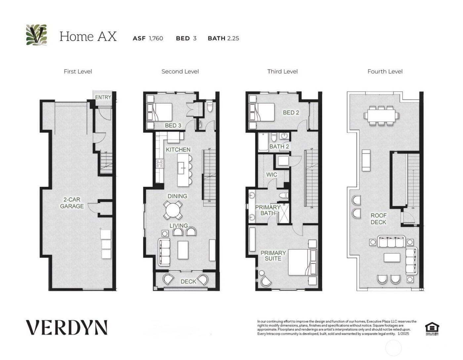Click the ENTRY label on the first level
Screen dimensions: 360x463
(103, 97)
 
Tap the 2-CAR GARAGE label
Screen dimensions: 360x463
(72, 203)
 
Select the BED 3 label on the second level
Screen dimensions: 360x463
(173, 126)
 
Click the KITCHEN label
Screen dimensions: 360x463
(178, 150)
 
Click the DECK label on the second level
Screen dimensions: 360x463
(188, 282)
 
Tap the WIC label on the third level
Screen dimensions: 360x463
(272, 174)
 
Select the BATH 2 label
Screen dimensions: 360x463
(279, 146)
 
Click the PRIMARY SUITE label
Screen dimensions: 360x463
(273, 255)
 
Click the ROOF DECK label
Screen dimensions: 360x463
(378, 219)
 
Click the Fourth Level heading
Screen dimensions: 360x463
(385, 71)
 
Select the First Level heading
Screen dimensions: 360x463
(78, 71)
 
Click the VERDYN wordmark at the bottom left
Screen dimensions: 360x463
(67, 327)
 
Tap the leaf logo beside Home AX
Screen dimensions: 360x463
(36, 35)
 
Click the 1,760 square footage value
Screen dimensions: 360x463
(156, 38)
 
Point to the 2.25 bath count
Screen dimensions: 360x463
(233, 38)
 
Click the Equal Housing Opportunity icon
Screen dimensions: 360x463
(432, 329)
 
